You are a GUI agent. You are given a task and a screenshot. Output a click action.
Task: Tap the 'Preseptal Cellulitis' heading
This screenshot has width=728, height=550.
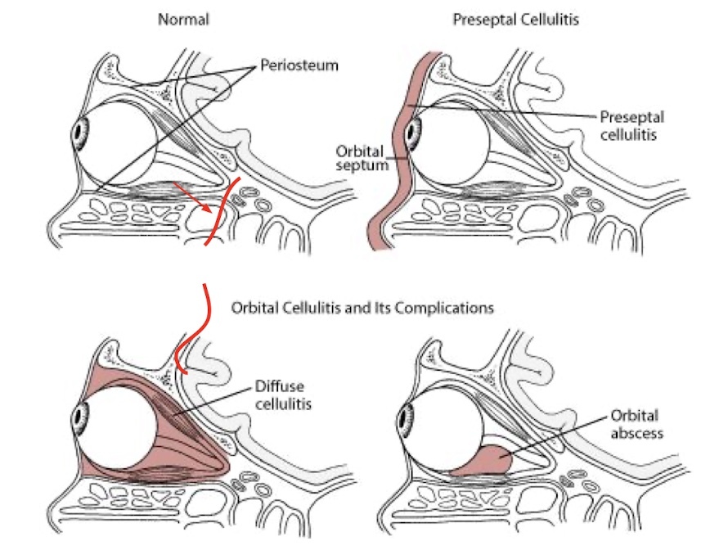pos(515,18)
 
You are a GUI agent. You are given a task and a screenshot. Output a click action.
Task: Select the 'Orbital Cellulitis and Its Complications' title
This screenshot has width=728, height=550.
pos(362,309)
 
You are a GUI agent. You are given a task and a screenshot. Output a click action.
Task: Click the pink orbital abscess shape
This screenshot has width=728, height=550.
pos(481,461)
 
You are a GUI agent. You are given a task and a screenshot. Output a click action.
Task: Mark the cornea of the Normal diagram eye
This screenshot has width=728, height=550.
pos(79,132)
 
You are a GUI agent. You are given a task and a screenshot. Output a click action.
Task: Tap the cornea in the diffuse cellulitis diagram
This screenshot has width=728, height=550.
pos(79,418)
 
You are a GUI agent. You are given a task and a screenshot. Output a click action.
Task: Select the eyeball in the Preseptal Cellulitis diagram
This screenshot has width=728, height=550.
pos(450,135)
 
